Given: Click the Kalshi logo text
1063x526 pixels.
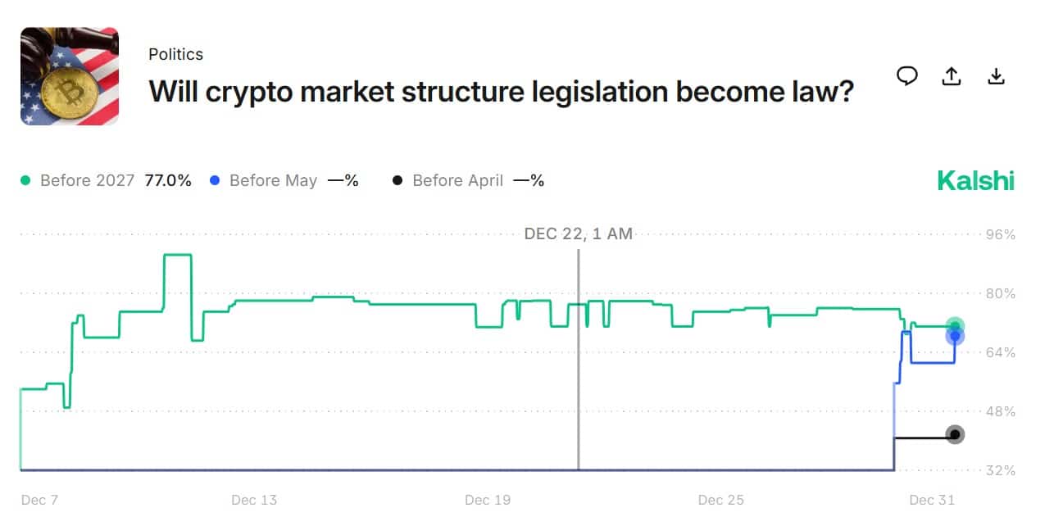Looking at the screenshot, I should pyautogui.click(x=975, y=180).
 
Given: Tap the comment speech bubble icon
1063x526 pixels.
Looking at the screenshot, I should pyautogui.click(x=906, y=76).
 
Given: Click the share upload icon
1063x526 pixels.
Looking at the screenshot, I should pyautogui.click(x=951, y=76).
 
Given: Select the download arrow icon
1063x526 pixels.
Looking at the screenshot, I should pyautogui.click(x=996, y=76).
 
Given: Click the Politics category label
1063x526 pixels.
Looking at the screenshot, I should pyautogui.click(x=175, y=54).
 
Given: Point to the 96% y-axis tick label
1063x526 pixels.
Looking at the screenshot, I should pyautogui.click(x=1000, y=234).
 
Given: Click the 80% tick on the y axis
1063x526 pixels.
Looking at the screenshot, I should pyautogui.click(x=1000, y=293).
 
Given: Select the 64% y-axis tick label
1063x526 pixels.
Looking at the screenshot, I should pyautogui.click(x=1000, y=352).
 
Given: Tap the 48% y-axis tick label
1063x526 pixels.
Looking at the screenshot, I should pyautogui.click(x=1000, y=411).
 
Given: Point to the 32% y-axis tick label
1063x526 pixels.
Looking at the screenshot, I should pyautogui.click(x=1000, y=470).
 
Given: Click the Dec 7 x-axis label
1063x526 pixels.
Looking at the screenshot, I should pyautogui.click(x=39, y=500).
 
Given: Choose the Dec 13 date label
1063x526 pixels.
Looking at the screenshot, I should pyautogui.click(x=255, y=500).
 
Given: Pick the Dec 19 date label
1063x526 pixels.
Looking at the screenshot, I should pyautogui.click(x=488, y=500).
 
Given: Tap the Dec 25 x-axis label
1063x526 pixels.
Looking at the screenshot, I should pyautogui.click(x=721, y=500).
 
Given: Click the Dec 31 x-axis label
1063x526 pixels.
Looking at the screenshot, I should pyautogui.click(x=933, y=500).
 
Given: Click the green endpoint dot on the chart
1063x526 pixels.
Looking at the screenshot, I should pyautogui.click(x=955, y=326).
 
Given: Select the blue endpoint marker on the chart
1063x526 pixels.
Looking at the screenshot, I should pyautogui.click(x=955, y=337).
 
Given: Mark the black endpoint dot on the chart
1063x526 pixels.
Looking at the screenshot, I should pyautogui.click(x=955, y=434).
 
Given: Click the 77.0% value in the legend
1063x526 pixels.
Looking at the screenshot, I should pyautogui.click(x=168, y=180).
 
